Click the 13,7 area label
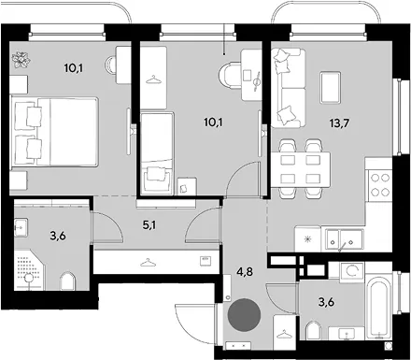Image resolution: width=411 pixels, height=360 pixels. point(339,123)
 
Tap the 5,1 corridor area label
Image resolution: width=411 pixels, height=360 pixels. point(149,224)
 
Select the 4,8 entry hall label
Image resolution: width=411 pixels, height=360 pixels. point(245,271)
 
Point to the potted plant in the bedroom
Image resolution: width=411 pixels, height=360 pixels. point(21,60)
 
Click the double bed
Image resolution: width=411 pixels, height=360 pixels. point(54,131)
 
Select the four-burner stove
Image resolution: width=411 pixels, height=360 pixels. point(380,185)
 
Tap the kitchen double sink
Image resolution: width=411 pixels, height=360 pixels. point(345,240)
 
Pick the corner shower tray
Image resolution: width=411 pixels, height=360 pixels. point(29,268)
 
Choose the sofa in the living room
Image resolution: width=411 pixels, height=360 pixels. point(288,88)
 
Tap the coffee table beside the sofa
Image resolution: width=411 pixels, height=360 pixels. point(331,87)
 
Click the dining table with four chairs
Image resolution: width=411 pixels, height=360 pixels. point(301,169)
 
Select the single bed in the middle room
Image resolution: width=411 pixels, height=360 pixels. point(157,153)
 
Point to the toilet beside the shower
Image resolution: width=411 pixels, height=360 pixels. point(67,281)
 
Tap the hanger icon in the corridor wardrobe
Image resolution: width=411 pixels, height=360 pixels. point(149,264)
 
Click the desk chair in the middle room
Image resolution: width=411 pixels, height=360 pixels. point(230,75)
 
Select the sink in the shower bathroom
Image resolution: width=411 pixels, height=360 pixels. point(21,227)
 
